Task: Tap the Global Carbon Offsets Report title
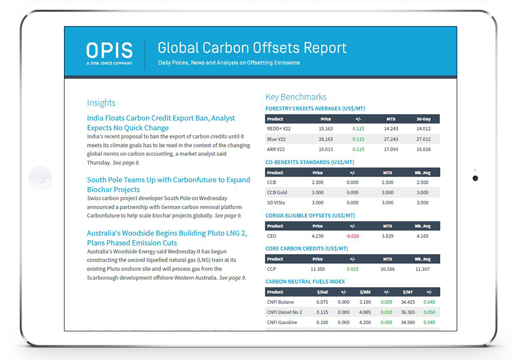click(x=252, y=48)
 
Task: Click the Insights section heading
click(x=101, y=103)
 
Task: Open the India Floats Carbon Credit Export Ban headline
click(x=161, y=123)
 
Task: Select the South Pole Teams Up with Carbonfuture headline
click(x=168, y=184)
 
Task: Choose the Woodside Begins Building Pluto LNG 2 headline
click(x=167, y=238)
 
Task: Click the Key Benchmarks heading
click(x=295, y=97)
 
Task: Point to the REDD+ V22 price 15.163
click(x=326, y=129)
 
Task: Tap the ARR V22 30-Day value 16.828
click(x=423, y=150)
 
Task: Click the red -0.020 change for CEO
click(x=352, y=236)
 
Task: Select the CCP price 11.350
click(x=317, y=269)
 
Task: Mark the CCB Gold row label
click(x=277, y=193)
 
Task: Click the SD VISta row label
click(x=277, y=203)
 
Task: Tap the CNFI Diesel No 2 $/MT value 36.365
click(x=408, y=312)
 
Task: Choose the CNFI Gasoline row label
click(x=281, y=322)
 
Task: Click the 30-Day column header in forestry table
click(x=423, y=119)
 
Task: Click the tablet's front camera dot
click(x=475, y=178)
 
